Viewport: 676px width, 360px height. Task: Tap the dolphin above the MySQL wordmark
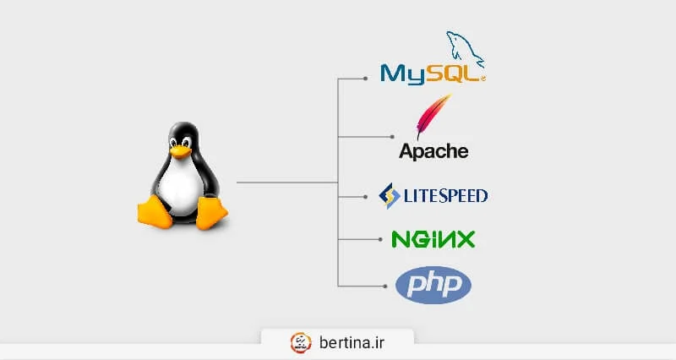tap(466, 47)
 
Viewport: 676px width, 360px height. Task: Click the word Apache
tap(433, 152)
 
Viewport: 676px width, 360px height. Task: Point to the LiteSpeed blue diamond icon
tap(390, 196)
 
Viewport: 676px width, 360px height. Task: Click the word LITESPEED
tap(445, 196)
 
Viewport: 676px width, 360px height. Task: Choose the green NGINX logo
tap(433, 239)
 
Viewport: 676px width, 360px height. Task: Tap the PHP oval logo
tap(433, 285)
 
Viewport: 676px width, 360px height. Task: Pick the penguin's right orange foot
tap(210, 212)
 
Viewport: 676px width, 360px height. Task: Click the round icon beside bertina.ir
tap(301, 342)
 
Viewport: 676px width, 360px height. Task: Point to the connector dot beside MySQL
tap(364, 79)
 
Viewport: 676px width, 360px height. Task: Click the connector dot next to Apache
tap(391, 136)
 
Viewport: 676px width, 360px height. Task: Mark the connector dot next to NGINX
tap(378, 240)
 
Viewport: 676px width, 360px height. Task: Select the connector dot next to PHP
tap(391, 284)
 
